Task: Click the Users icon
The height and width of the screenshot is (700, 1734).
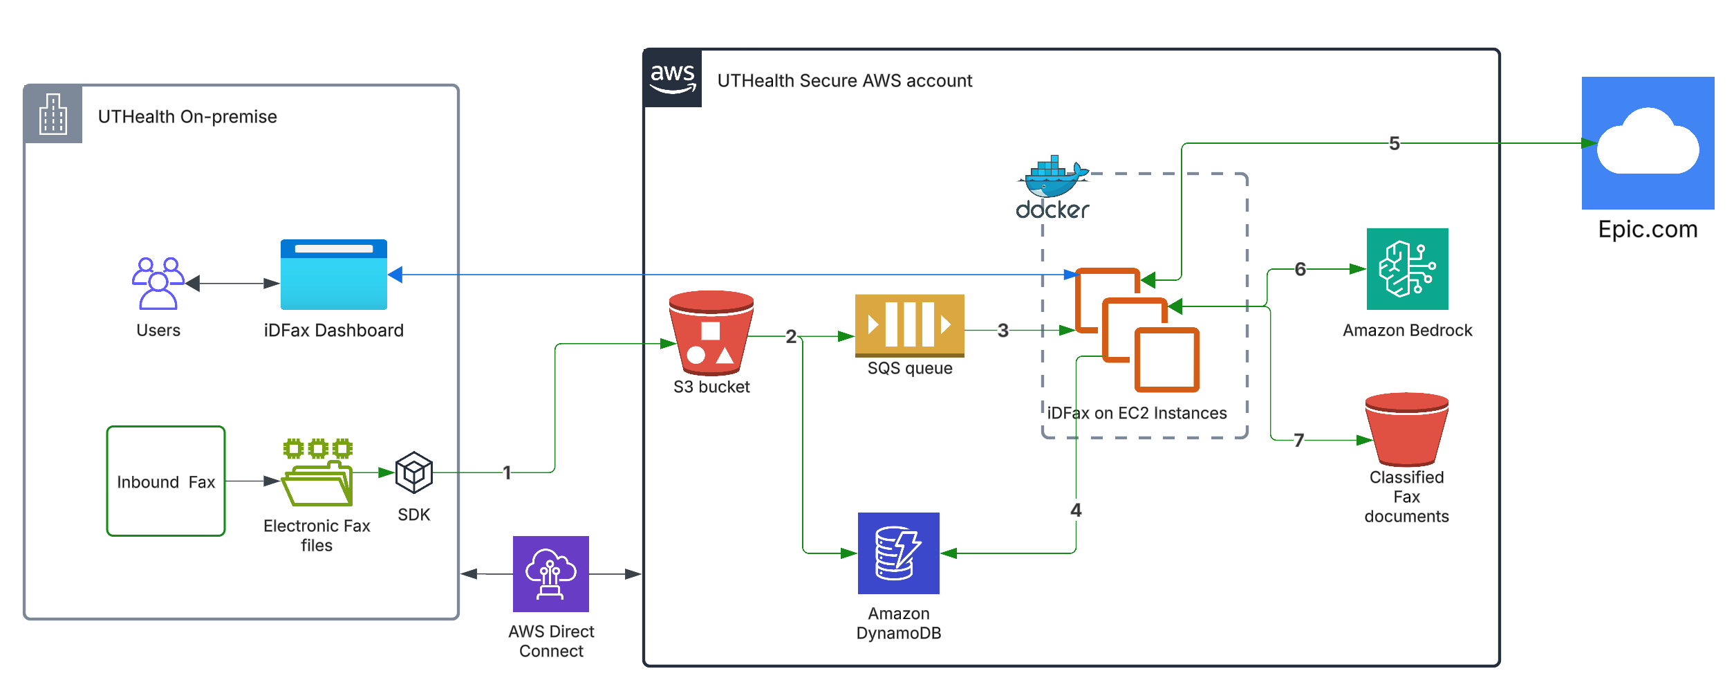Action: pyautogui.click(x=158, y=283)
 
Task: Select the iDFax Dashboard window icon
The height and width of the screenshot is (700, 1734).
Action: pyautogui.click(x=334, y=275)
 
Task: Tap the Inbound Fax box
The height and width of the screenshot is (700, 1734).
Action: pyautogui.click(x=166, y=481)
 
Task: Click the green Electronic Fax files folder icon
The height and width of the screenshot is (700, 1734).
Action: pyautogui.click(x=317, y=473)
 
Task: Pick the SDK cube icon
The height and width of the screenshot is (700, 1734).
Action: pyautogui.click(x=413, y=472)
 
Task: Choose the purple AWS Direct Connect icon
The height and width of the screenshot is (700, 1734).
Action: pyautogui.click(x=551, y=574)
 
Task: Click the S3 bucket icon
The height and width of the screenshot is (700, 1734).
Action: pyautogui.click(x=711, y=332)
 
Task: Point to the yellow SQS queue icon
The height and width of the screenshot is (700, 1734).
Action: pyautogui.click(x=909, y=325)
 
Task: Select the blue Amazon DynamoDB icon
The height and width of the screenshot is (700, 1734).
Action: pyautogui.click(x=898, y=553)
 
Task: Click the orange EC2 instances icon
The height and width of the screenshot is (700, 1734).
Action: pyautogui.click(x=1137, y=330)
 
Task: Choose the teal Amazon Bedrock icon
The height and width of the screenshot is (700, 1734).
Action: pyautogui.click(x=1407, y=269)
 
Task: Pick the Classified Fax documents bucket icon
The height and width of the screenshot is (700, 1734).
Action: pyautogui.click(x=1406, y=429)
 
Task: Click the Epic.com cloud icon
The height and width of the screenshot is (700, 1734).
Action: pyautogui.click(x=1648, y=143)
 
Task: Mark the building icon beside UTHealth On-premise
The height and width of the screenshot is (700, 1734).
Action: pyautogui.click(x=53, y=114)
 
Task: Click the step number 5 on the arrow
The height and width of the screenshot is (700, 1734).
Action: pyautogui.click(x=1394, y=143)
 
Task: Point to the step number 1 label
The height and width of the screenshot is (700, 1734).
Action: pyautogui.click(x=507, y=472)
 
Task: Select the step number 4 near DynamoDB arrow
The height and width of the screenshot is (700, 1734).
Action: pyautogui.click(x=1076, y=510)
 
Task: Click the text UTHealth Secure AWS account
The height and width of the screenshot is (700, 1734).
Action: pyautogui.click(x=844, y=81)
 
